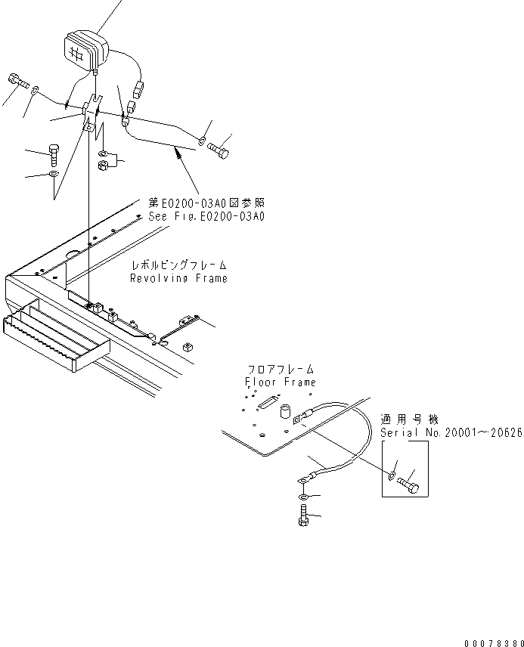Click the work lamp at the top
point(85,50)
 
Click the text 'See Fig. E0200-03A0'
point(206,216)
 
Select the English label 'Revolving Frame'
point(178,278)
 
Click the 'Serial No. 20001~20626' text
point(451,433)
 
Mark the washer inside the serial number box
point(390,475)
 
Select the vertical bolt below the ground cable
point(302,521)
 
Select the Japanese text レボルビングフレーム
point(178,266)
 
